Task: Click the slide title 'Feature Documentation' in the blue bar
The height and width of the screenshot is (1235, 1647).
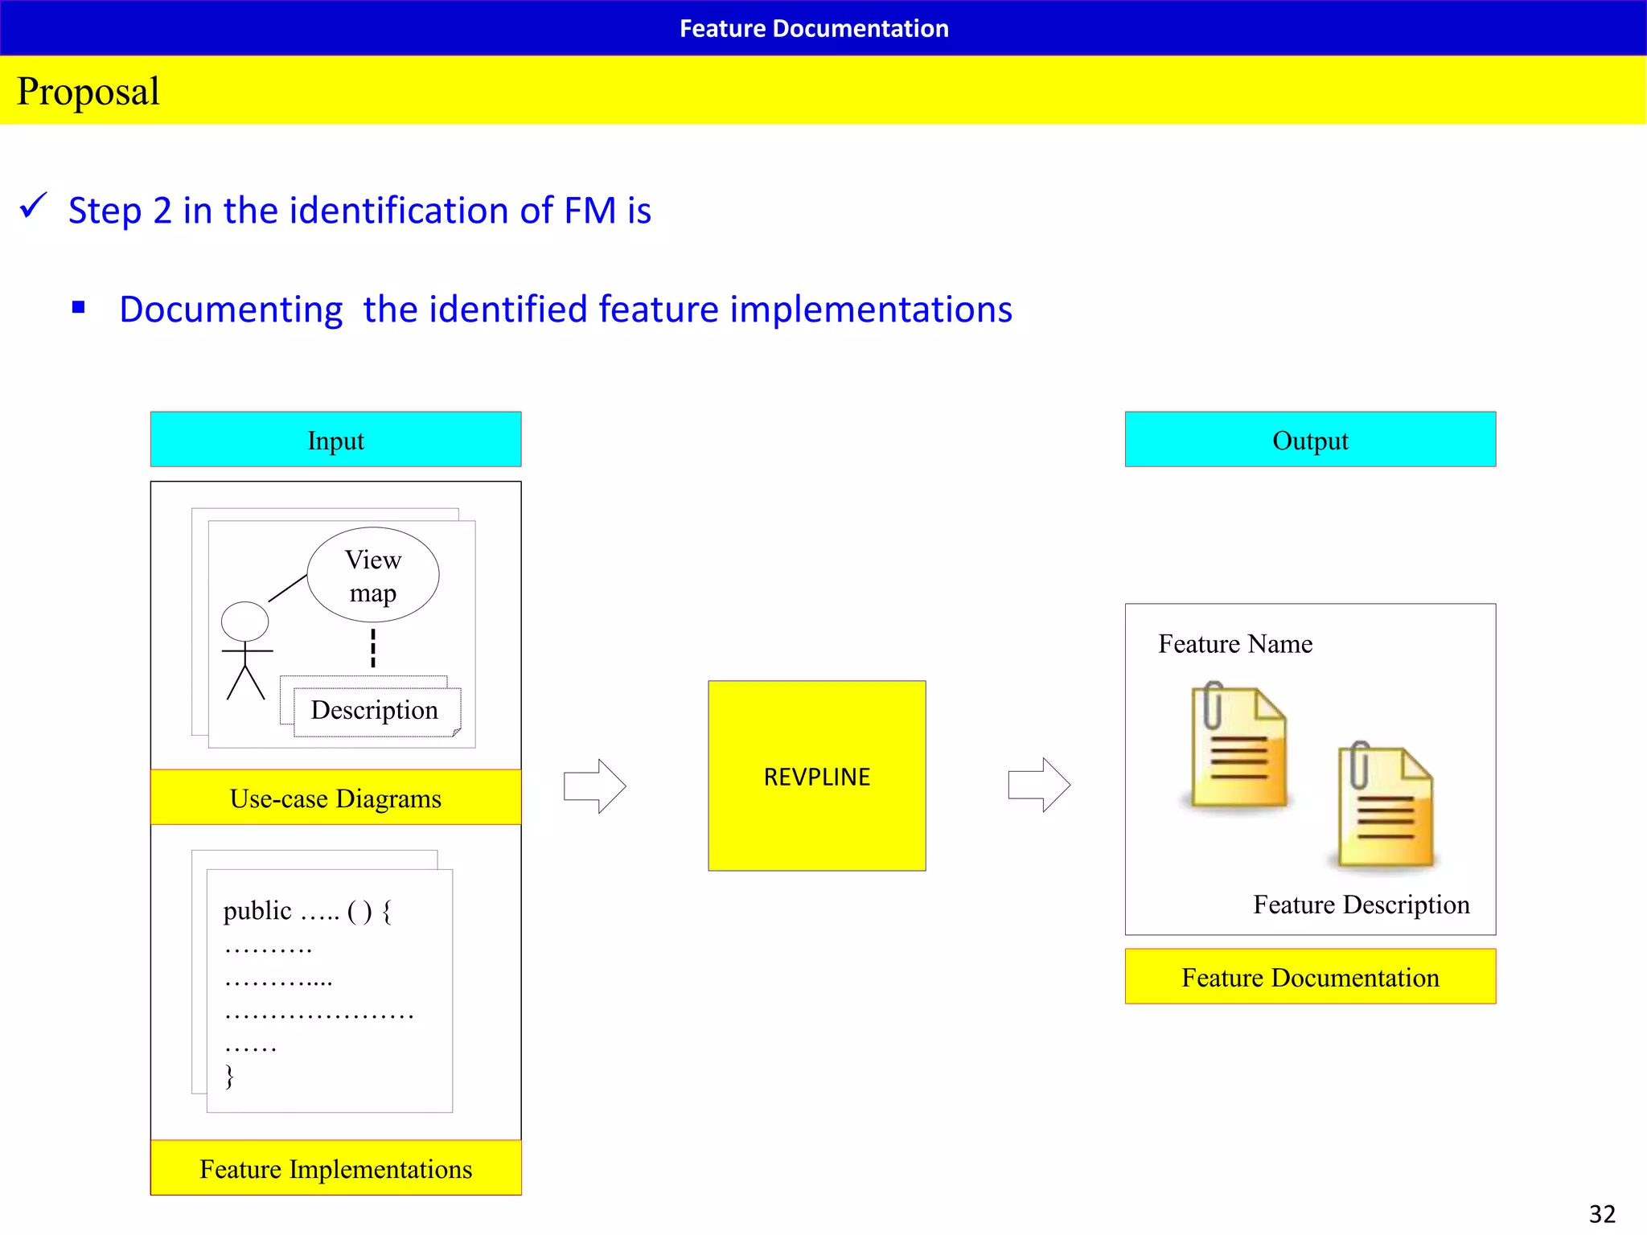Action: (x=814, y=29)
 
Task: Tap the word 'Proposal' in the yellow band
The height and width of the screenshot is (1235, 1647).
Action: (x=88, y=91)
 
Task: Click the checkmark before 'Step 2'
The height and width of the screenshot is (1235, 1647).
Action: (x=34, y=206)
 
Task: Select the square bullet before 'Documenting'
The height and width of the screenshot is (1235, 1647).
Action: (x=78, y=307)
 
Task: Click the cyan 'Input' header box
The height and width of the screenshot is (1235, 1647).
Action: (x=335, y=440)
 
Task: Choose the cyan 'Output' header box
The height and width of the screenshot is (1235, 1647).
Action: (x=1310, y=440)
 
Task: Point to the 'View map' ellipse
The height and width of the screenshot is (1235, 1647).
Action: (x=373, y=575)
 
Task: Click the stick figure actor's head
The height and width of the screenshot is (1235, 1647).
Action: (x=244, y=622)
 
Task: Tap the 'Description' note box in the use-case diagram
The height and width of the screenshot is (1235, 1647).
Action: (x=376, y=711)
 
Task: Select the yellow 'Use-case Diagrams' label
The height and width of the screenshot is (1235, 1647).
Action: (x=335, y=798)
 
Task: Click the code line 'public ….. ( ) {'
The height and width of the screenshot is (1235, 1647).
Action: (x=307, y=911)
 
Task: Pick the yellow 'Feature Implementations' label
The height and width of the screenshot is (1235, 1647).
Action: (x=335, y=1168)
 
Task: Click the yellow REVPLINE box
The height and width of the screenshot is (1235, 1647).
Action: (x=816, y=776)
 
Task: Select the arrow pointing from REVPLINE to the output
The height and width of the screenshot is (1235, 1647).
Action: (x=1039, y=785)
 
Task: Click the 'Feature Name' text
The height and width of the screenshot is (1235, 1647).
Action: (x=1235, y=644)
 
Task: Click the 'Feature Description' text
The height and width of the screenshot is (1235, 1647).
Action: (x=1361, y=905)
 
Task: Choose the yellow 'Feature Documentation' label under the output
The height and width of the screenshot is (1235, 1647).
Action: (x=1310, y=977)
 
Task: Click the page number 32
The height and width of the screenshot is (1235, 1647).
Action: (x=1602, y=1213)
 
